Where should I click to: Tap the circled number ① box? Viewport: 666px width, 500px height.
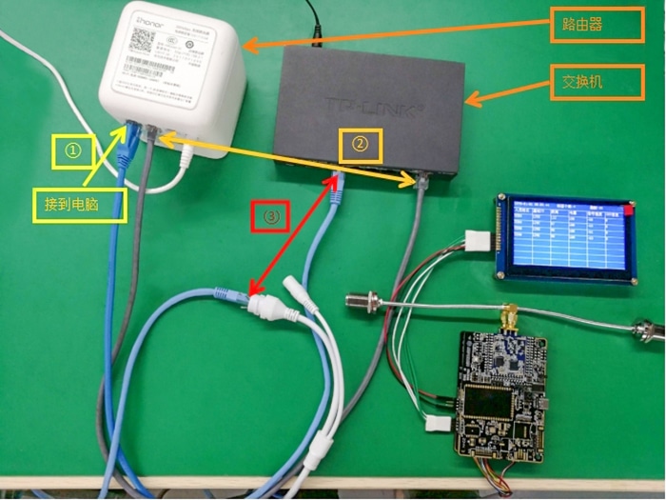click(72, 150)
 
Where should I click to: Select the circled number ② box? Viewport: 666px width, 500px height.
click(360, 144)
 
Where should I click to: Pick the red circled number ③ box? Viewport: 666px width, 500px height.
click(271, 217)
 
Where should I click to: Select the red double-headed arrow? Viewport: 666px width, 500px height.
click(293, 234)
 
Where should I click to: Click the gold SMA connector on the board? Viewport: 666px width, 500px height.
click(510, 314)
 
